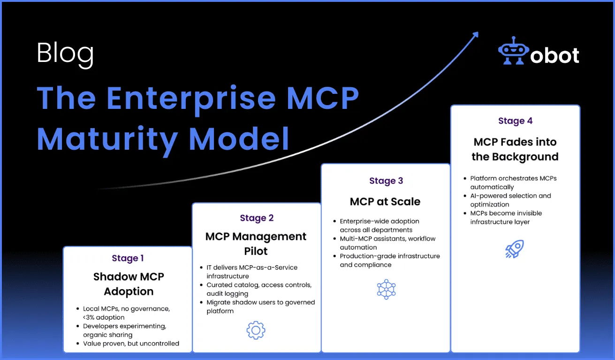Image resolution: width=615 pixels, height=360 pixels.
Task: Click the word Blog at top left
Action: pos(65,54)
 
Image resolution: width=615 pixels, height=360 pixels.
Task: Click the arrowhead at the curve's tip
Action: pos(475,35)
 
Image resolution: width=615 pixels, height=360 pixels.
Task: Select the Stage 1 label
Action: pos(128,258)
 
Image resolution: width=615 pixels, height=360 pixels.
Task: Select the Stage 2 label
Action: pos(257,218)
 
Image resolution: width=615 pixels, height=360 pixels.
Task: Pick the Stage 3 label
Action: pos(386,181)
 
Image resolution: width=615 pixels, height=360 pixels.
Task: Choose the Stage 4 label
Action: pos(515,121)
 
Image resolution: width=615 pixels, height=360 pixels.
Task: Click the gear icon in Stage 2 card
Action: pos(256,330)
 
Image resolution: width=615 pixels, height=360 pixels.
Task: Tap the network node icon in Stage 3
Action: pos(386,289)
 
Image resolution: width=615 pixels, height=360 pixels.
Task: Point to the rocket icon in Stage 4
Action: pos(515,249)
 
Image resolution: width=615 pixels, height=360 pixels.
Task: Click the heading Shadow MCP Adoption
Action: pos(129,284)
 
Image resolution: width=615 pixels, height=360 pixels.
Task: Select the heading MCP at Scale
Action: pos(385,201)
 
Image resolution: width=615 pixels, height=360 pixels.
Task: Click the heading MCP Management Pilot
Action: pos(256,244)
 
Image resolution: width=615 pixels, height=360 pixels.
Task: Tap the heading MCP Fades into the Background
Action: pos(515,149)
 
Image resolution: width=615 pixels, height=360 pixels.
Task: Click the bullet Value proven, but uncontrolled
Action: pos(131,343)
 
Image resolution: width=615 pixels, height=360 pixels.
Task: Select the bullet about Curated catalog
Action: pos(259,289)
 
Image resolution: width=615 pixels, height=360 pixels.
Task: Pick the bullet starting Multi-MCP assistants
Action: pos(387,243)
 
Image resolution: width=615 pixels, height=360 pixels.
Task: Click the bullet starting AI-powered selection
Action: pos(510,200)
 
